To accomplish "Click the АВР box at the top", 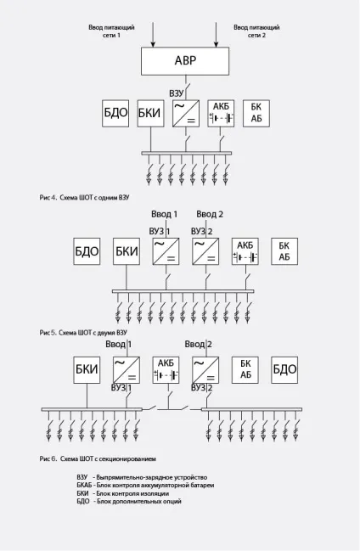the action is coord(185,61).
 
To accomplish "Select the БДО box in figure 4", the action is coord(115,113).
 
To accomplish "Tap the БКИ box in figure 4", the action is coord(150,113).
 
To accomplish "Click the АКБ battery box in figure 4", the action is coord(221,113).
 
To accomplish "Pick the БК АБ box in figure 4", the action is coord(256,113).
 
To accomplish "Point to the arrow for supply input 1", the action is coord(153,34).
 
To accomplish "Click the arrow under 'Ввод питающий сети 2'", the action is coord(217,34).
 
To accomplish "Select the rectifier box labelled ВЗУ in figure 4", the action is coord(186,113).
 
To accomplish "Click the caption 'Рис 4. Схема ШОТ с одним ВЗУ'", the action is coord(84,198).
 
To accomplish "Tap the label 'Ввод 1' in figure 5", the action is coord(164,214).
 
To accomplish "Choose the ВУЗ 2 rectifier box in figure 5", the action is coord(205,251).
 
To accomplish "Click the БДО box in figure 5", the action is coord(87,251).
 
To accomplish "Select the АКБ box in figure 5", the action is coord(245,251).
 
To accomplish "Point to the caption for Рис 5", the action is coord(83,333).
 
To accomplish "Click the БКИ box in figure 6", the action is coord(87,369).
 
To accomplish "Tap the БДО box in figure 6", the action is coord(284,369).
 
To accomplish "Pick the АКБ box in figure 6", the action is coord(166,369).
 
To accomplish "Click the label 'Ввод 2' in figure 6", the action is coord(199,344).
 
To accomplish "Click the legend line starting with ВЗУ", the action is coord(142,477).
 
